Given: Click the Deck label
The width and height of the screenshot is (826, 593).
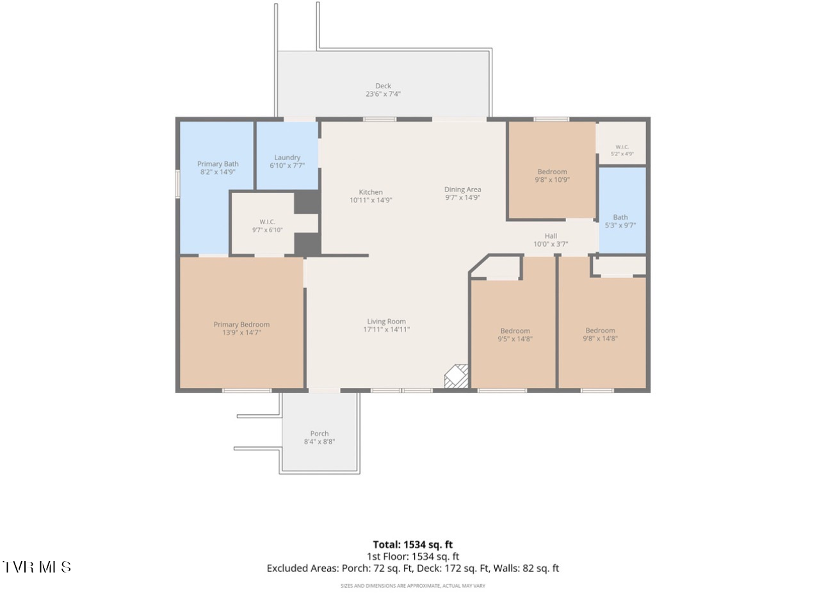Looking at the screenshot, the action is (x=383, y=86).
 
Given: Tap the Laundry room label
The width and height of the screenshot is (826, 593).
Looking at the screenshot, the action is (x=287, y=158).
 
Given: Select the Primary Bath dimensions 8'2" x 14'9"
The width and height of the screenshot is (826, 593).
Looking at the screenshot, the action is (x=218, y=172).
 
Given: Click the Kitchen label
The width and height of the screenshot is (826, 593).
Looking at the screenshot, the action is (x=371, y=192).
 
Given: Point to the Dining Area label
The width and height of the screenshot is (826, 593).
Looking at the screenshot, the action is (x=462, y=190).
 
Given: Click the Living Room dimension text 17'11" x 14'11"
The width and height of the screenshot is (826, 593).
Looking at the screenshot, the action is (x=387, y=329).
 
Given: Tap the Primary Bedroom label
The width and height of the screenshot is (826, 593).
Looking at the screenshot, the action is (x=241, y=325).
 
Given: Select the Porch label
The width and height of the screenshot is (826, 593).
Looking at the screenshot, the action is (x=320, y=434).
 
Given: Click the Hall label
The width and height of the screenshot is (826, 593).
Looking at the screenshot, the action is (x=551, y=236).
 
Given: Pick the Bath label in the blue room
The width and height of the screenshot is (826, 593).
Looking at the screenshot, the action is (x=620, y=217).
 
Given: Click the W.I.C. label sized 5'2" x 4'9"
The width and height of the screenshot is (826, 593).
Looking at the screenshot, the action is (x=622, y=147).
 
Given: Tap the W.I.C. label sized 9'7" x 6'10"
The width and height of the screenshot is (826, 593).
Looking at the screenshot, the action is (x=268, y=222).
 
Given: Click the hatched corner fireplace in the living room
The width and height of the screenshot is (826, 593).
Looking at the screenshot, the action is (x=457, y=377).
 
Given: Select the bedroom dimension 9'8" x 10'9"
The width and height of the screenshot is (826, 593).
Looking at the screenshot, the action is (x=553, y=180).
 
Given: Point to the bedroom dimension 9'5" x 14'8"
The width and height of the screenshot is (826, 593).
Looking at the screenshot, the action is (x=515, y=339).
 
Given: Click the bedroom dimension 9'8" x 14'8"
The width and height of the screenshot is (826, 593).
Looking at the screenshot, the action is (x=601, y=339).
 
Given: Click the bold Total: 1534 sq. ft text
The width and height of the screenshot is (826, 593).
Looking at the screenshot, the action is (x=412, y=545).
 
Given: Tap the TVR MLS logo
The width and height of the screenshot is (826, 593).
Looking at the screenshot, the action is (x=36, y=567).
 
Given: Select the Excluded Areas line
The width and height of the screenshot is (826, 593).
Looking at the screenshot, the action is (x=413, y=568).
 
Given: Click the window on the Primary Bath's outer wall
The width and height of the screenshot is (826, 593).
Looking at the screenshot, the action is (x=177, y=184).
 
